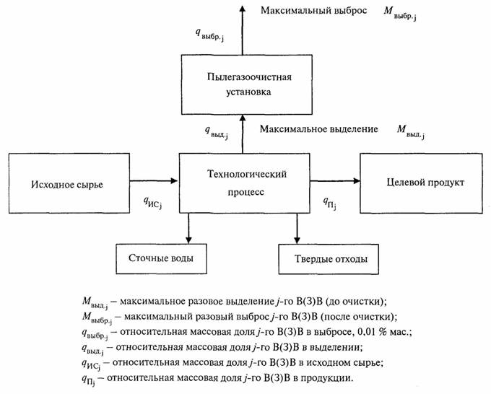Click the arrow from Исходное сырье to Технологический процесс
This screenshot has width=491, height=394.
154,180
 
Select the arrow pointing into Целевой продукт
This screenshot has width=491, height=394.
335,180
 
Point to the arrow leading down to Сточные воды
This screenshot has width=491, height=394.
188,229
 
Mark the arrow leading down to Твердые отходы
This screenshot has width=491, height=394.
297,229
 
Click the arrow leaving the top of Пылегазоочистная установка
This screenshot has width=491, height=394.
242,30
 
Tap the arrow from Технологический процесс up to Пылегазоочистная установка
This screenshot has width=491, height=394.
242,133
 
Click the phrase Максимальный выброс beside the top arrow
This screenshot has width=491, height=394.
314,10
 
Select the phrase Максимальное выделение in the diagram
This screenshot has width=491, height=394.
318,129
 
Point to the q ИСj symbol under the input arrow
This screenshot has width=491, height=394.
152,203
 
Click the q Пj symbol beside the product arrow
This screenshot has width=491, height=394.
330,203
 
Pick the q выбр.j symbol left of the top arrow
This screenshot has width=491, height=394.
209,35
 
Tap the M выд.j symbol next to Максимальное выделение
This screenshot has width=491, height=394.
411,131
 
